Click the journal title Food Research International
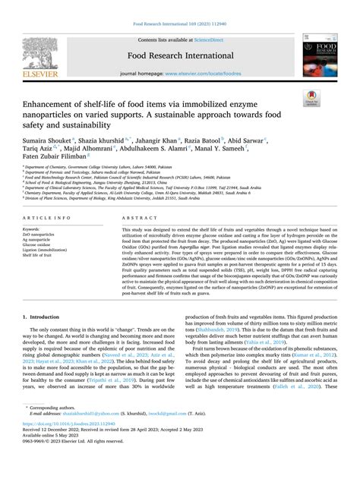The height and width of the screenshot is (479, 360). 179,55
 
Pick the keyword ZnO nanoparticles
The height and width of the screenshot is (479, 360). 41,235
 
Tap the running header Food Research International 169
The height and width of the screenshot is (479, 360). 179,24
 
